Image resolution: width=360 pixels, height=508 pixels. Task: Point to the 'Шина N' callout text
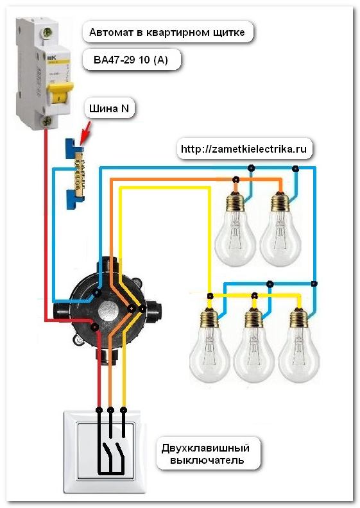coord(110,109)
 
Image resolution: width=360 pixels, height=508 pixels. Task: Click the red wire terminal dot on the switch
coord(98,409)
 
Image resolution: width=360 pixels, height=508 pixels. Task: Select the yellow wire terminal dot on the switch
coord(124,409)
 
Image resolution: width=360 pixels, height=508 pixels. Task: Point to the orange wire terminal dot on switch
coord(110,409)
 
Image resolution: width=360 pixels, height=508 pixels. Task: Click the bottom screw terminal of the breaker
coord(47,120)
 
